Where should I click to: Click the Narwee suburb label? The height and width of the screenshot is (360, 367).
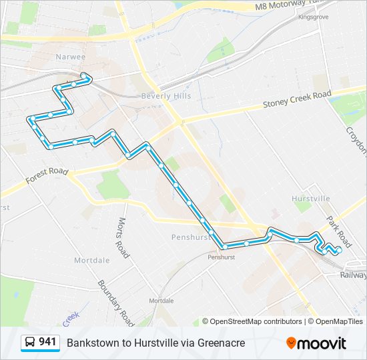[71, 57]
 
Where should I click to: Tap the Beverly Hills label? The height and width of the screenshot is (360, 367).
[165, 96]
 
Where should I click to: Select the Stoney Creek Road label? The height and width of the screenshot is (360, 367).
[297, 99]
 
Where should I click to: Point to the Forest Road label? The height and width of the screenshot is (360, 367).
[47, 176]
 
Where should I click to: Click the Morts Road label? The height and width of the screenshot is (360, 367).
[123, 237]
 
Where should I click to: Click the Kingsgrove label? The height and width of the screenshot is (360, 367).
[314, 17]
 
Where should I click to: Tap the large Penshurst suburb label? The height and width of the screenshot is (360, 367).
[191, 237]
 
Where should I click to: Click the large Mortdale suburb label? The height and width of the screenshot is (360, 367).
[91, 260]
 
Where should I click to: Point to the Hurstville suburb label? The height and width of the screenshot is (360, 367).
[311, 199]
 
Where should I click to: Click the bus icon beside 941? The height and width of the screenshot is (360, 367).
[29, 343]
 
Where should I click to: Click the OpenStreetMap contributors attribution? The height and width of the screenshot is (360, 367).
[256, 321]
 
